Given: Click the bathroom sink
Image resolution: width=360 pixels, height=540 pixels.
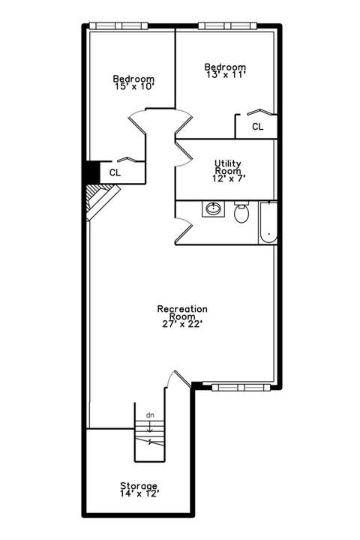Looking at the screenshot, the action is coord(213,208).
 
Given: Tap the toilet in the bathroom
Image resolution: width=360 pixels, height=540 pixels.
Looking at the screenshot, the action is coord(241,212).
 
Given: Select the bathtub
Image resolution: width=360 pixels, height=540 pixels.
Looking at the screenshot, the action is coord(268,223).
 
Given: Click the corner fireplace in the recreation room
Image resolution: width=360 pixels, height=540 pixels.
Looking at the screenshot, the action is coord(101,202).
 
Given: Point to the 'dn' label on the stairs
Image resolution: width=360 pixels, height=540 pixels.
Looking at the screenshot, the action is coord(150,415).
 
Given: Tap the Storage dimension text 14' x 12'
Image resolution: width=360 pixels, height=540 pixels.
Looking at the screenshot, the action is coord(139,493).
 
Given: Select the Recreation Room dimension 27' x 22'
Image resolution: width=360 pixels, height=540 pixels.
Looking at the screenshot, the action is coord(182,324).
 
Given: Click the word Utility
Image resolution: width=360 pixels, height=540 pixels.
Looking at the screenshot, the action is coord(228,163).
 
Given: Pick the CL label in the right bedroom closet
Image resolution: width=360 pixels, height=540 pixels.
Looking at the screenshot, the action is coord(258,127).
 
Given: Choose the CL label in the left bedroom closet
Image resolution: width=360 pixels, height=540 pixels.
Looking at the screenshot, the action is coord(115,172).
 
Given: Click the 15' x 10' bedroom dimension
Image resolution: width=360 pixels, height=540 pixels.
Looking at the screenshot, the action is coord(134,86).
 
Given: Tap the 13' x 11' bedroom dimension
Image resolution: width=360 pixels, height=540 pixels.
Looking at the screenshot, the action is coord(226,74).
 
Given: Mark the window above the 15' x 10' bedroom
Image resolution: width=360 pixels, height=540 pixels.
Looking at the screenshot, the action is coord(118,26).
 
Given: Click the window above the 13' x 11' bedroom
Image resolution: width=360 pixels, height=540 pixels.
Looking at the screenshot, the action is coord(227,26).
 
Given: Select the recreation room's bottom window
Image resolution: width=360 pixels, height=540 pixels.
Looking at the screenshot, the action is coord(241,388).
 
